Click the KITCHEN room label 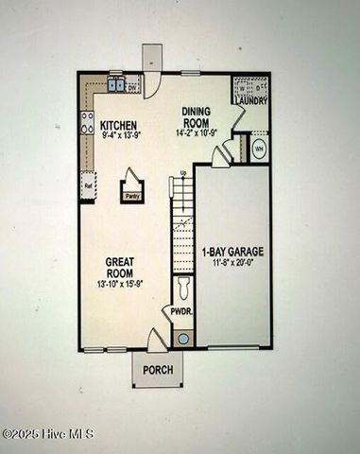pos(119,125)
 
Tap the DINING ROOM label pos(197,116)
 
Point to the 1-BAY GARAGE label pos(232,252)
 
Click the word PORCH pos(158,370)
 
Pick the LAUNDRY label pos(250,100)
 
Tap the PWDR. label pos(180,310)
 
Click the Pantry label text pos(132,197)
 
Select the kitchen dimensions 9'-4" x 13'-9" pos(119,136)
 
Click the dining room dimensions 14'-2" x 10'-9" pos(197,133)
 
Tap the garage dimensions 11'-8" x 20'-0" pos(232,264)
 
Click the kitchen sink pos(117,85)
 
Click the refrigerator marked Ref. pos(88,185)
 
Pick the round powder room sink pos(182,338)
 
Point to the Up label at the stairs pos(182,173)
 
